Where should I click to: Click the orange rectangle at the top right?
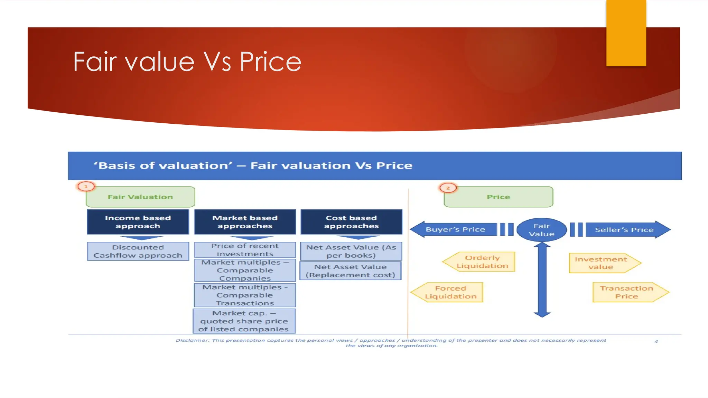pyautogui.click(x=626, y=33)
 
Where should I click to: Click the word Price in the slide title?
pyautogui.click(x=270, y=62)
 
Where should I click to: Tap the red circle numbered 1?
pyautogui.click(x=86, y=187)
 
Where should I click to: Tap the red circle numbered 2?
pyautogui.click(x=448, y=188)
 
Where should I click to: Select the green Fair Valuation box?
pyautogui.click(x=140, y=197)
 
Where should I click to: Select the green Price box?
pyautogui.click(x=498, y=197)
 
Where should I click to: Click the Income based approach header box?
pyautogui.click(x=138, y=222)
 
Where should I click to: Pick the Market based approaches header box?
pyautogui.click(x=245, y=222)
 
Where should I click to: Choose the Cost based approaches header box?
pyautogui.click(x=351, y=222)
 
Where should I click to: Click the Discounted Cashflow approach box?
pyautogui.click(x=138, y=251)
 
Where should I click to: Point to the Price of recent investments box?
pyautogui.click(x=245, y=250)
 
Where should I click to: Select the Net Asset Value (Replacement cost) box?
pyautogui.click(x=351, y=271)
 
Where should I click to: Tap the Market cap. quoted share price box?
pyautogui.click(x=244, y=321)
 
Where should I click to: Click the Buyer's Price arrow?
pyautogui.click(x=455, y=229)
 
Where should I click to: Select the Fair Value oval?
pyautogui.click(x=541, y=230)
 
